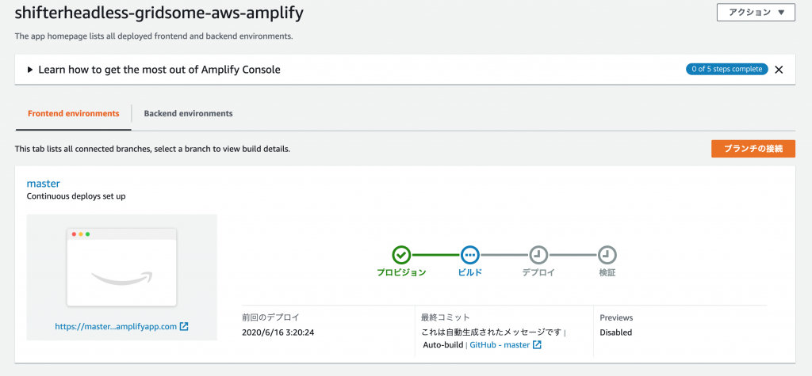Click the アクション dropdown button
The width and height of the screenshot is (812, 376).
coord(756,13)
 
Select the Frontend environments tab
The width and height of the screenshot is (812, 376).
coord(74,113)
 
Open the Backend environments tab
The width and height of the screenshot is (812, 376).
coord(188,113)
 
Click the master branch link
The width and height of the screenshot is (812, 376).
coord(44,183)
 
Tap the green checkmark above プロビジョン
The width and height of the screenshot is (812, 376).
coord(401,254)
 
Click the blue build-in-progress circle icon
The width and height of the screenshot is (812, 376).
coord(470,254)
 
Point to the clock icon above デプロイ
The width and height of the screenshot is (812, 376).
coord(538,254)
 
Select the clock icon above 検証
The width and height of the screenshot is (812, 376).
coord(607,254)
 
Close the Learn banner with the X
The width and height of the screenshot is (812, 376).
coord(779,70)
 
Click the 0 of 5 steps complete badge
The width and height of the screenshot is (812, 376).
coord(726,70)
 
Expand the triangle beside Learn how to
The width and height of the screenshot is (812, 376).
coord(30,70)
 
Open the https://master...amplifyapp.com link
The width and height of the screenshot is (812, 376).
coord(121,326)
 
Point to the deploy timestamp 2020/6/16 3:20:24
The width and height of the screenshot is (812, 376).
coord(278,332)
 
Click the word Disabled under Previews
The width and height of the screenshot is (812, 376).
coord(615,332)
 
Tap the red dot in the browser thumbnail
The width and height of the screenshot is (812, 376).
coord(74,234)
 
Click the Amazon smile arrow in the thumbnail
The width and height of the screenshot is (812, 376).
coord(123,279)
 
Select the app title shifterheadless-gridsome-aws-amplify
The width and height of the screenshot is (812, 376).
coord(159,13)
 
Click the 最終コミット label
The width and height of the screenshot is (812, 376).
coord(446,317)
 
